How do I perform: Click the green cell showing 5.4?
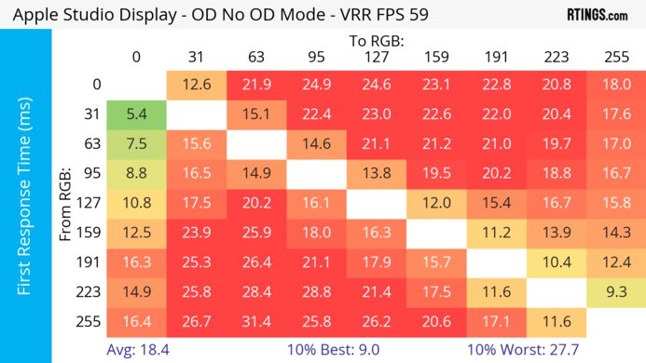pos(136,114)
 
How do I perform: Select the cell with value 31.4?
pos(255,323)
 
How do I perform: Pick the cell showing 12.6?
pos(196,85)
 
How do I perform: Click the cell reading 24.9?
pos(315,85)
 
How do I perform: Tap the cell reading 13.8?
pos(376,174)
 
